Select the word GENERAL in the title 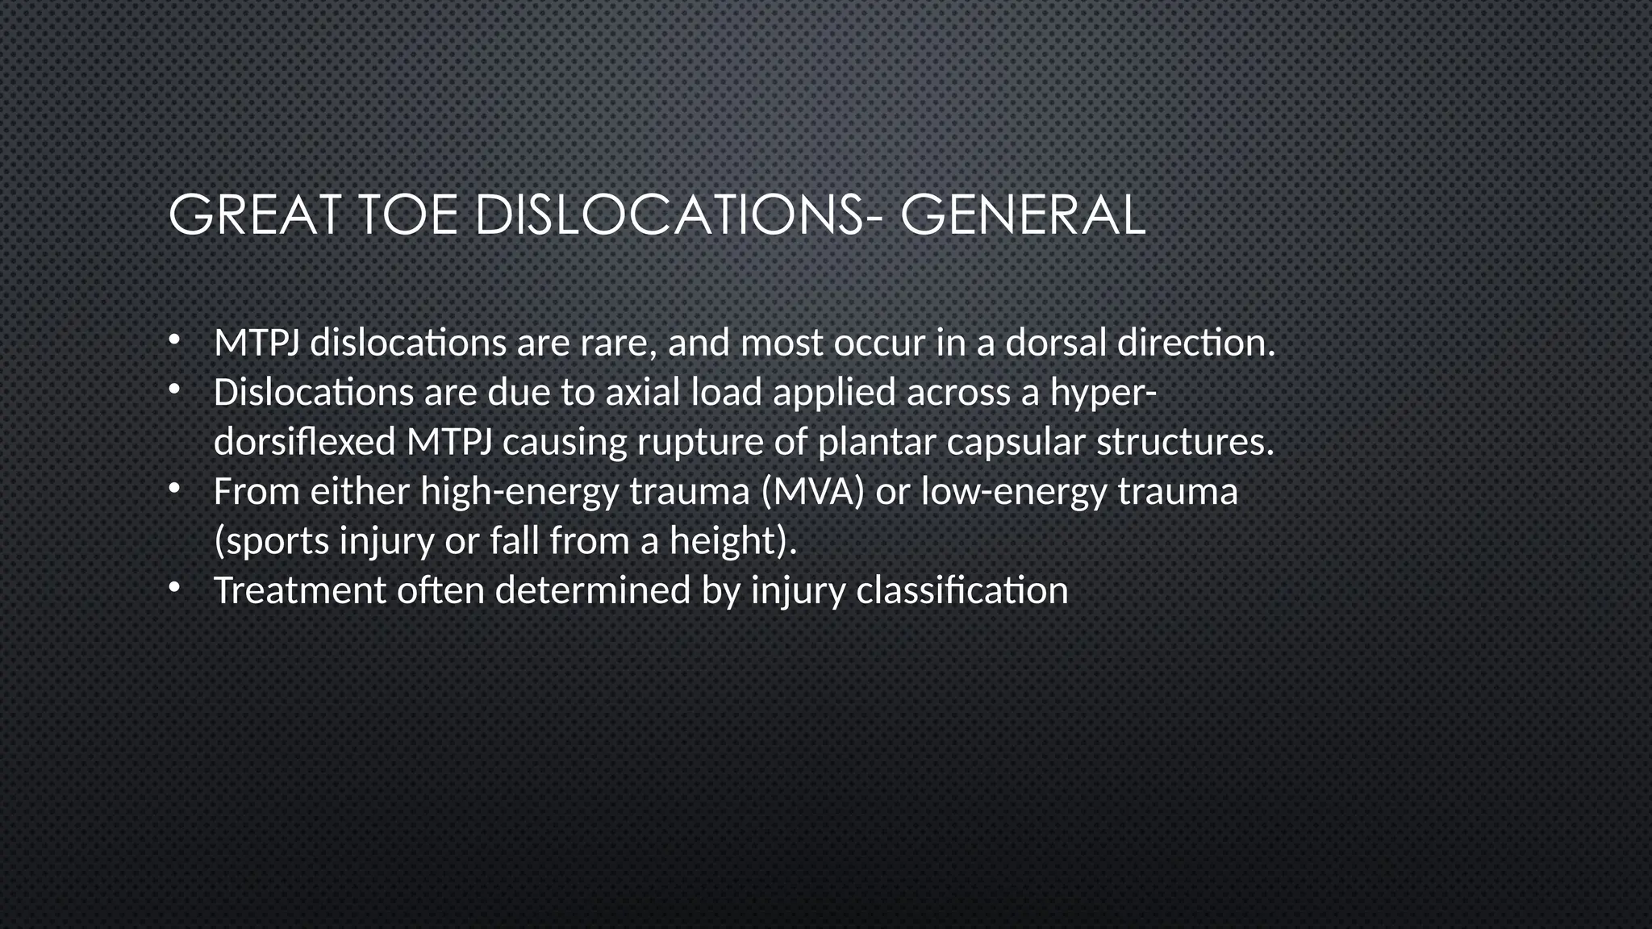[x=1022, y=215]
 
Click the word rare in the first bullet [x=614, y=344]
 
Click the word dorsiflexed [x=304, y=442]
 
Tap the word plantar [x=876, y=443]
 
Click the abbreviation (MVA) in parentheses [x=812, y=492]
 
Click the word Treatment [x=299, y=590]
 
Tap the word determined [x=593, y=590]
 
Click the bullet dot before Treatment [x=173, y=589]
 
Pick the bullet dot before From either [x=173, y=490]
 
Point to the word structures [x=1184, y=443]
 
